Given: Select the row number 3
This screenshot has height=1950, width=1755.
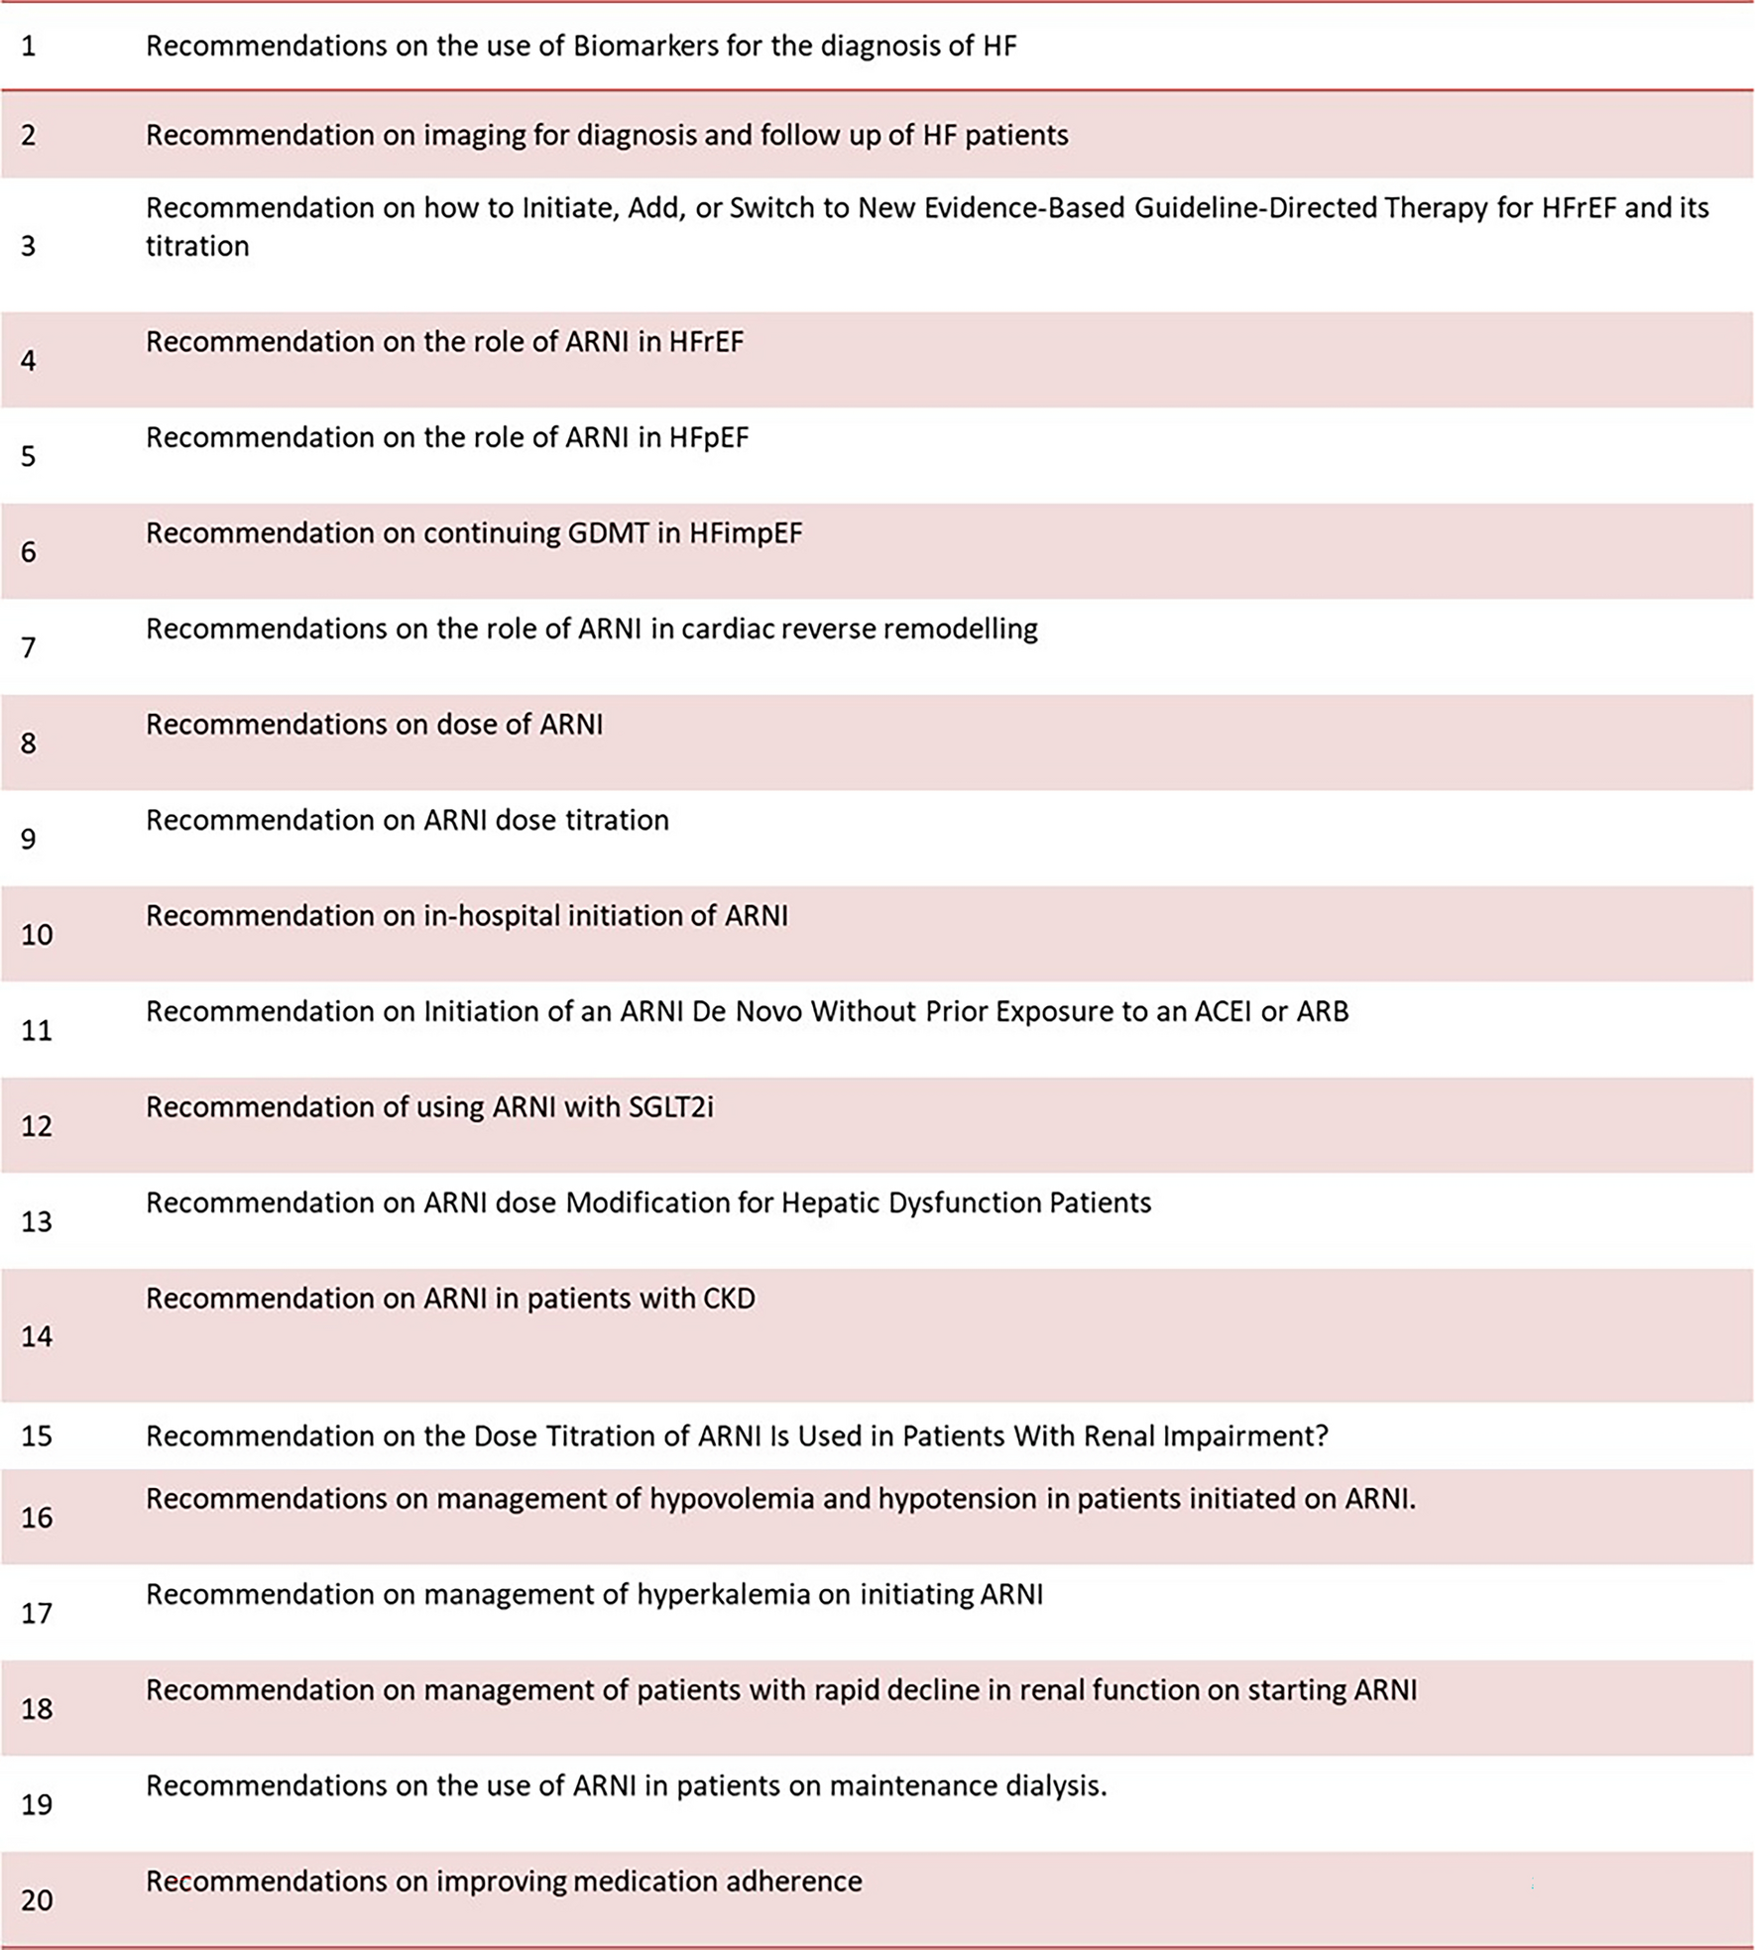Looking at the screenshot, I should (x=29, y=246).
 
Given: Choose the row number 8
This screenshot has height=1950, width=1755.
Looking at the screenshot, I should (x=29, y=744).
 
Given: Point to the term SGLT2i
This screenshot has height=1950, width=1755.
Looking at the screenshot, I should (x=671, y=1107).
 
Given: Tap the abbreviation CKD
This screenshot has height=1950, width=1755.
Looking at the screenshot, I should (x=729, y=1299).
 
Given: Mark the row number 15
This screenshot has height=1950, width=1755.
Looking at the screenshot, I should (x=36, y=1435).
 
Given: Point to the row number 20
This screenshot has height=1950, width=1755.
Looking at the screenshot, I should (x=36, y=1900).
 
